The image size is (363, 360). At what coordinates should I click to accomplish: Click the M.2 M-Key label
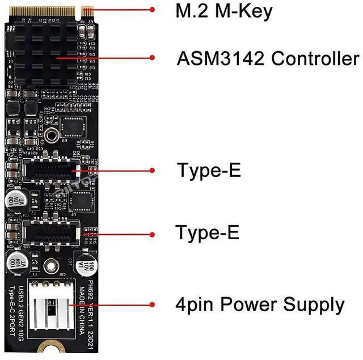(225, 11)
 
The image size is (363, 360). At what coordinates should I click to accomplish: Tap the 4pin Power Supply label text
(259, 305)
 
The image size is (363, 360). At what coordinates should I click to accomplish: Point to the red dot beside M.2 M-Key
(152, 9)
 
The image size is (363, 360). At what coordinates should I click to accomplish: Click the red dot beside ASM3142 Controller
(152, 57)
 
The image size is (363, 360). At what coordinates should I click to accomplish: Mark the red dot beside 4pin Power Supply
(152, 304)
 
